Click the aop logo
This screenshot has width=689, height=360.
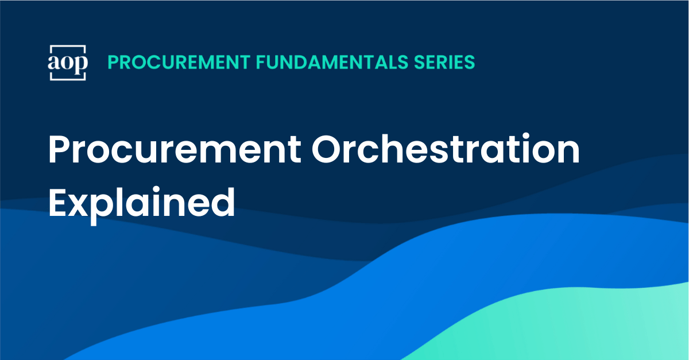coord(68,63)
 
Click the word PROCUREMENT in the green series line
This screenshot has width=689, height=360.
coord(179,62)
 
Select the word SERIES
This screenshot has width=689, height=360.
coord(444,62)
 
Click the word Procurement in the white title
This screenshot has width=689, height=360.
coord(175,149)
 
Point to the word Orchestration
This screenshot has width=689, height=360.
coord(446,148)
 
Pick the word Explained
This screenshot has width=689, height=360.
coord(142,203)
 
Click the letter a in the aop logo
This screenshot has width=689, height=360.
coord(53,63)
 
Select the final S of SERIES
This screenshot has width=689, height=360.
coord(469,62)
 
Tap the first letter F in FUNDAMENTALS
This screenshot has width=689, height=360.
coord(261,62)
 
